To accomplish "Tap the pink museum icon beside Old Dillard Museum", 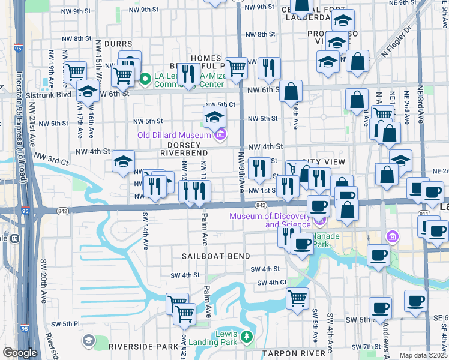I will (220, 134).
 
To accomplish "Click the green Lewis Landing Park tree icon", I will (246, 337).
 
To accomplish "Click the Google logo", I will (20, 353).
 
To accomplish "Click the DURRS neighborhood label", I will (118, 44).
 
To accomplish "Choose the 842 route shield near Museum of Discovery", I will (260, 205).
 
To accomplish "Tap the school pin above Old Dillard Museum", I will (214, 117).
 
